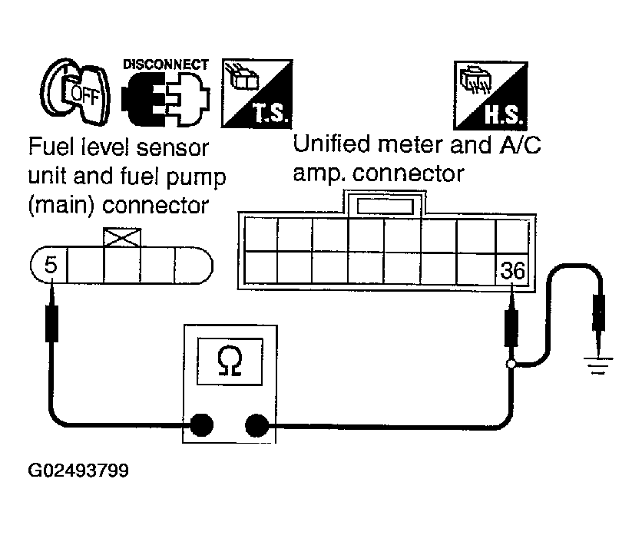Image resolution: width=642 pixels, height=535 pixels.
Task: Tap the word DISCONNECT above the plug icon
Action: coord(165,64)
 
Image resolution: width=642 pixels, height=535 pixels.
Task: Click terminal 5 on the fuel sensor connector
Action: coord(51,266)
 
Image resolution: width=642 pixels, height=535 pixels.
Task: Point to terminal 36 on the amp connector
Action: coord(511,270)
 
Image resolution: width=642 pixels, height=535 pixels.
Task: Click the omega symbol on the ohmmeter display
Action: coord(228,360)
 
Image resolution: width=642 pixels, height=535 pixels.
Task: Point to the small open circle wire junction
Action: coord(509,363)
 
